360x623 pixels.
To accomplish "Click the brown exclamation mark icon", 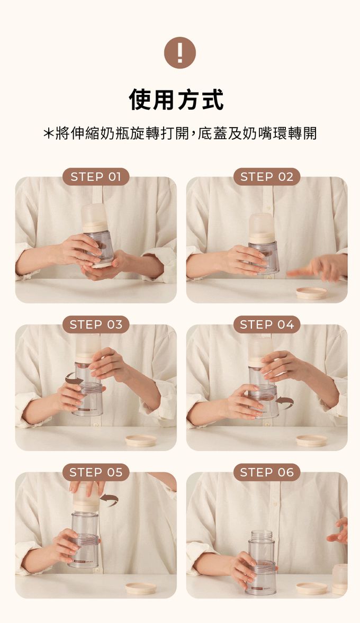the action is pyautogui.click(x=180, y=52).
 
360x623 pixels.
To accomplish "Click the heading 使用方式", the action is pyautogui.click(x=177, y=100).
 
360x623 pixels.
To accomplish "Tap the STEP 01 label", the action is pyautogui.click(x=96, y=177).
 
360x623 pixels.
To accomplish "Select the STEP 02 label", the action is pyautogui.click(x=267, y=177).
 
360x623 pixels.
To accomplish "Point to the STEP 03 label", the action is pyautogui.click(x=96, y=324).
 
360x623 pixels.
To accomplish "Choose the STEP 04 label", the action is pyautogui.click(x=267, y=324).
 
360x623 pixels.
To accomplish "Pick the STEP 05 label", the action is pyautogui.click(x=96, y=473).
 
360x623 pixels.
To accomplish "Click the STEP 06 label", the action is pyautogui.click(x=267, y=473).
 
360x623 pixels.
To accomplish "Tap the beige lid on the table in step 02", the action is pyautogui.click(x=311, y=293).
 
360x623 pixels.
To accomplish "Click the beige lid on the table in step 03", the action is pyautogui.click(x=141, y=440).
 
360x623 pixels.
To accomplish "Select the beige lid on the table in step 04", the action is pyautogui.click(x=311, y=440).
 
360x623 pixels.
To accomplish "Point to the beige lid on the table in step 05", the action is pyautogui.click(x=141, y=588).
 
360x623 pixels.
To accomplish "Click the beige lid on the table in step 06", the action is pyautogui.click(x=311, y=588).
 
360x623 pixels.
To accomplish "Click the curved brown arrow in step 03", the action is pyautogui.click(x=74, y=378).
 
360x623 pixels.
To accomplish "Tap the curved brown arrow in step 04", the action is pyautogui.click(x=284, y=402).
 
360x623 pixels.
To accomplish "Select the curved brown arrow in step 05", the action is pyautogui.click(x=109, y=500).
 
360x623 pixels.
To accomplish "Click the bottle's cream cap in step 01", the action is pyautogui.click(x=95, y=218).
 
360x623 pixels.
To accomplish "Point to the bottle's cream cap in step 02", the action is pyautogui.click(x=262, y=228).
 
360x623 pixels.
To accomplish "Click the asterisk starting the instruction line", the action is pyautogui.click(x=48, y=133).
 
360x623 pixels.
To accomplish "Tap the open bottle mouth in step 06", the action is pyautogui.click(x=260, y=533).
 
